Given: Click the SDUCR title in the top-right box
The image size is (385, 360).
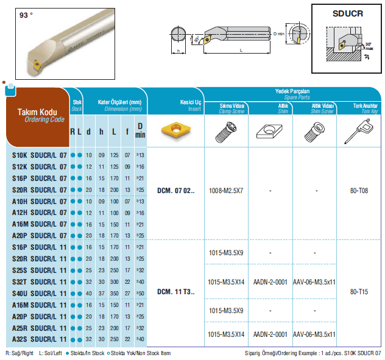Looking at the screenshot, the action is pos(348,13).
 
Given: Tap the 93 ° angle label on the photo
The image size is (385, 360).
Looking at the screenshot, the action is pos(26,15).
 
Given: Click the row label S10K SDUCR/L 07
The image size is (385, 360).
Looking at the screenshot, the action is pos(39,155).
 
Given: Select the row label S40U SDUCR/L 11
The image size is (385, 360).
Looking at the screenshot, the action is pos(39,294).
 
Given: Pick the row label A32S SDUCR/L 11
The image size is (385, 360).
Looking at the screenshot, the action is pos(39,339).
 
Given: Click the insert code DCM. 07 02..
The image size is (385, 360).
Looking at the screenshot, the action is pos(176,191).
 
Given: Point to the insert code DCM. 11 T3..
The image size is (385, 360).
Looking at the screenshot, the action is pos(176,292).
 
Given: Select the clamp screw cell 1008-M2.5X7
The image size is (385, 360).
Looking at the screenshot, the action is pos(226,191).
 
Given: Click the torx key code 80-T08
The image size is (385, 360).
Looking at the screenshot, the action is pos(359,191).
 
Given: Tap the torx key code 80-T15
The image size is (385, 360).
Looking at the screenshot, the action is pos(359,292).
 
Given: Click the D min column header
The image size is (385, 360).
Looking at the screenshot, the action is pos(140,130).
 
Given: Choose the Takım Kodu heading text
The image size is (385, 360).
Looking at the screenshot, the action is pos(37,112).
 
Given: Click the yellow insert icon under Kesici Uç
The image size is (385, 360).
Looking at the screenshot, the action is pos(176,129).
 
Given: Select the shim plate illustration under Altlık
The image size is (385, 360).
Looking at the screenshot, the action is pos(269,132).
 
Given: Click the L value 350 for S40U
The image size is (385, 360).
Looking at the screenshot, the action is pos(114,294).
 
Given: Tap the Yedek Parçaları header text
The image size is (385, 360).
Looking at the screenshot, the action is pos(292,91).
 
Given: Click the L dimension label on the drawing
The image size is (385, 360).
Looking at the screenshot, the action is pos(241,50).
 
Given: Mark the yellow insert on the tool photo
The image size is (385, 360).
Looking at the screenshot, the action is pos(37,65).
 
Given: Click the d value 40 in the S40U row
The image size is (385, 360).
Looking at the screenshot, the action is pos(89,294).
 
